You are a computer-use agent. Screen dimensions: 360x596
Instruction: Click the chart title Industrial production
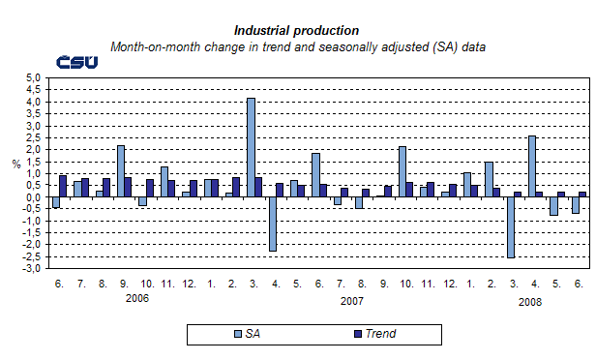pos(297,31)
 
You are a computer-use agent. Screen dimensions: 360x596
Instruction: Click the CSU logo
pos(76,62)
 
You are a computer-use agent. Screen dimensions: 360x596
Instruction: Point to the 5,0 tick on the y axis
pos(32,77)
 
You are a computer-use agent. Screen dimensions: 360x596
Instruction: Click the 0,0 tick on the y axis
pos(32,197)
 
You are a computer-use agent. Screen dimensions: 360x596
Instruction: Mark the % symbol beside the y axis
pos(15,164)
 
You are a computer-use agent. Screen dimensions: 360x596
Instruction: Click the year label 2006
pos(137,300)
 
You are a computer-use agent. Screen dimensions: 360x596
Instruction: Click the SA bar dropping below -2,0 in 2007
pos(273,225)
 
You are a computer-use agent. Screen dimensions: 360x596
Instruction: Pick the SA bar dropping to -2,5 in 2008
pos(511,227)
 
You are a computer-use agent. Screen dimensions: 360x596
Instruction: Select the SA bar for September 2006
pos(121,171)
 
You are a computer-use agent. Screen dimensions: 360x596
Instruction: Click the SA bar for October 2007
pos(402,171)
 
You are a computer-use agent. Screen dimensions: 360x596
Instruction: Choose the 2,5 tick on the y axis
pos(32,137)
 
